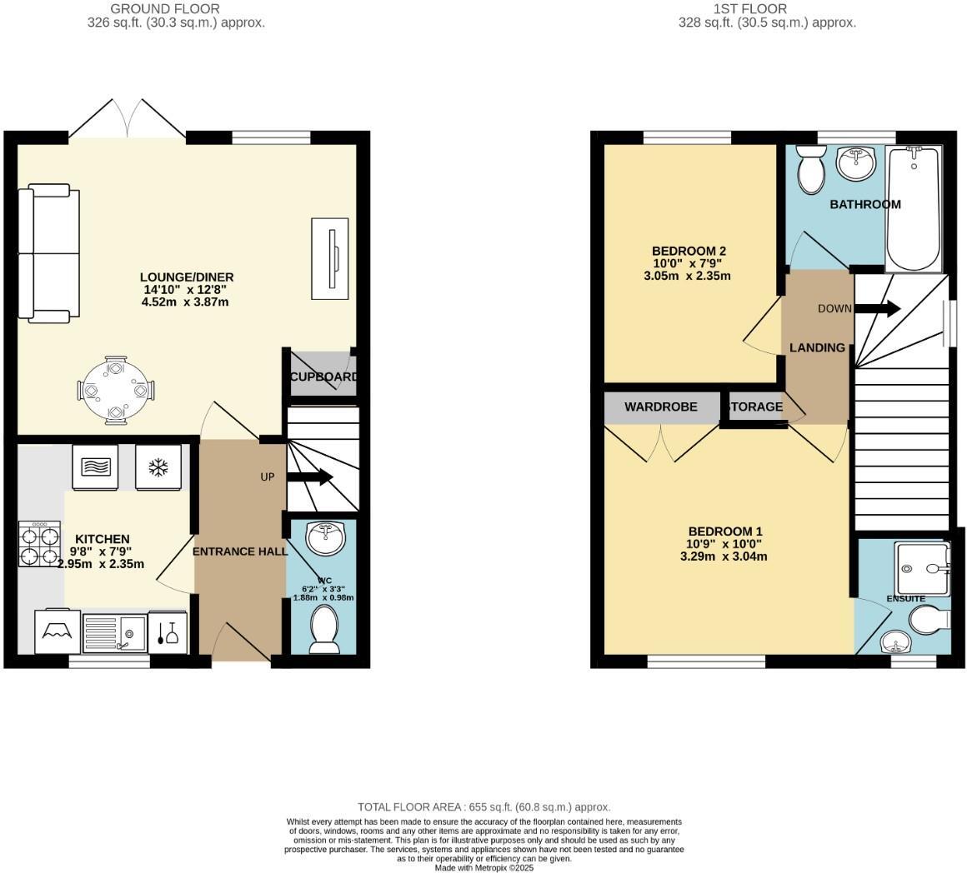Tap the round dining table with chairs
(116, 390)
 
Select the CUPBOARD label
(323, 377)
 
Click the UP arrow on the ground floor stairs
(309, 477)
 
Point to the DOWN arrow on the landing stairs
(877, 309)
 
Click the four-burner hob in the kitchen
(39, 545)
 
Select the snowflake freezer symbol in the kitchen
(157, 468)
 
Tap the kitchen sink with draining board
(113, 634)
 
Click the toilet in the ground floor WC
(323, 630)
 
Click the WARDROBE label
(662, 407)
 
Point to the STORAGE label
(755, 407)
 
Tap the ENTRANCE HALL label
(240, 551)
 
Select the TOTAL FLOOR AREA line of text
(483, 807)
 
